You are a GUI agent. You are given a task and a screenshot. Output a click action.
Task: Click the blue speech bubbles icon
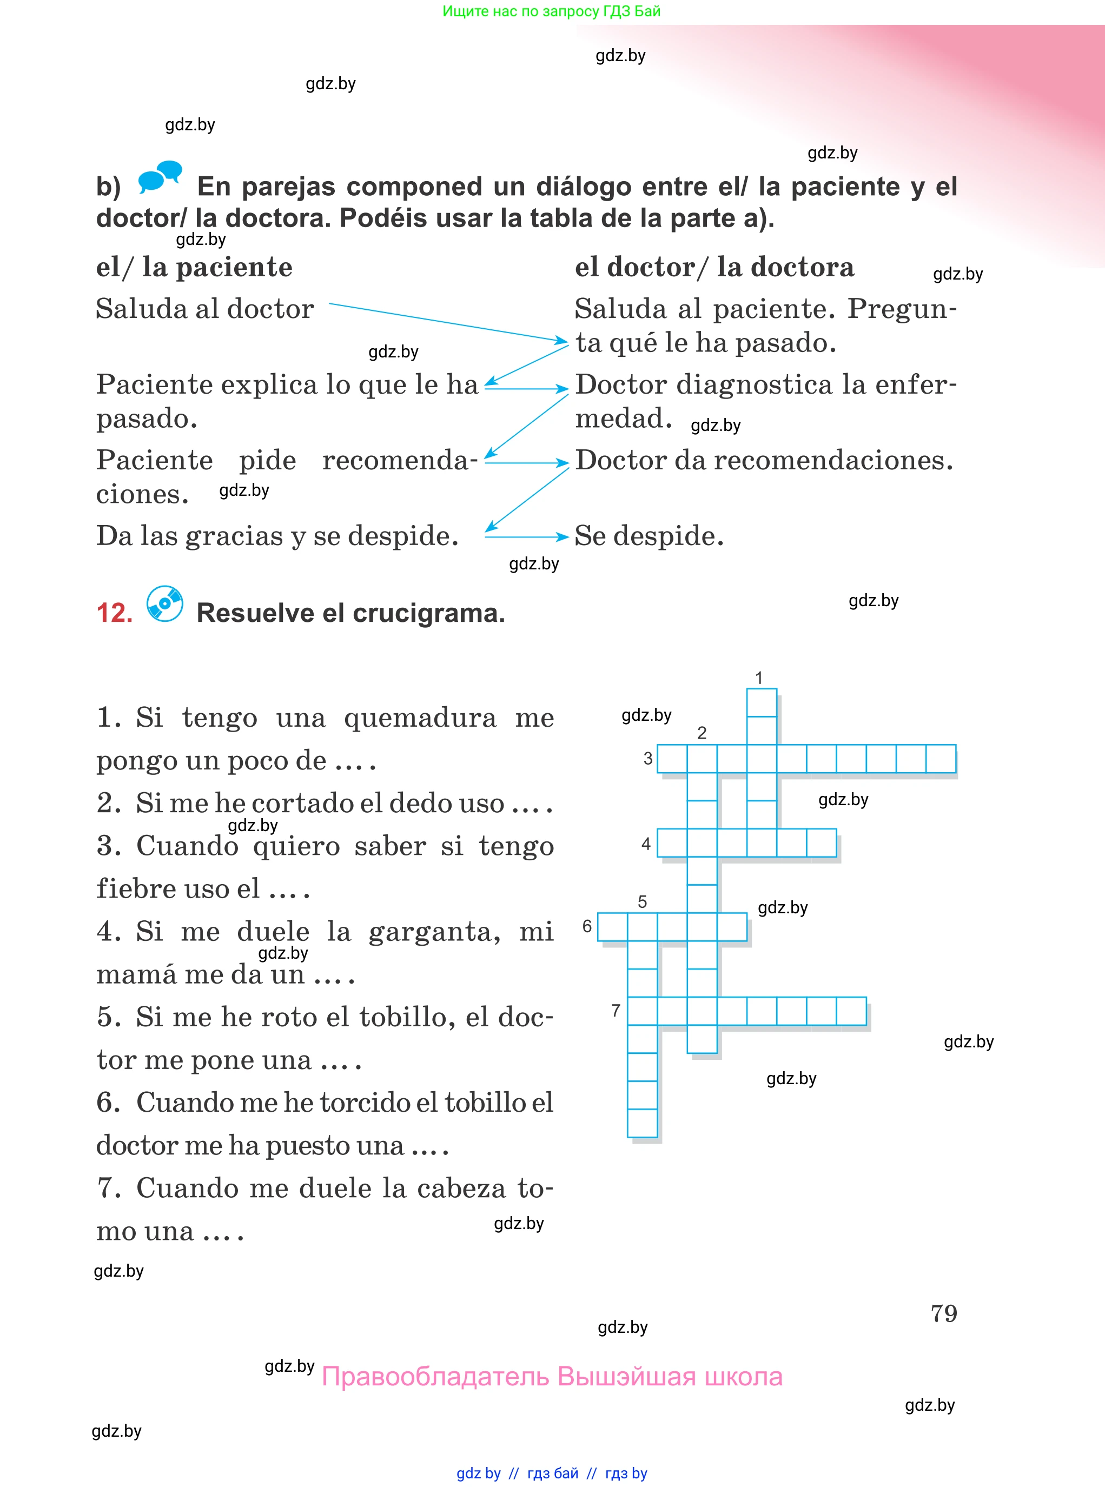click(x=160, y=177)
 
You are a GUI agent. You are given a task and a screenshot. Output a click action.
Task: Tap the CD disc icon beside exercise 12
click(x=164, y=604)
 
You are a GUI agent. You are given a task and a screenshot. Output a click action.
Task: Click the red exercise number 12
click(x=114, y=613)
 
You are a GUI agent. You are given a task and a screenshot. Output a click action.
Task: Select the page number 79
click(x=943, y=1314)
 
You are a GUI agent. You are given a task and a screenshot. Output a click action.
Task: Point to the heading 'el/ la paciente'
click(x=194, y=268)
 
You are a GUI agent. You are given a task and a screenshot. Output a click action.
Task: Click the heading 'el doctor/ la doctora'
click(x=714, y=268)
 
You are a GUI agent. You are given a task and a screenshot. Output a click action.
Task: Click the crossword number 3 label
click(x=647, y=759)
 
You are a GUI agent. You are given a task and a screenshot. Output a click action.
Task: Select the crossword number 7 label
click(x=616, y=1010)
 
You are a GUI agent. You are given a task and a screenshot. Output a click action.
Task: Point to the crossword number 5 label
click(x=642, y=902)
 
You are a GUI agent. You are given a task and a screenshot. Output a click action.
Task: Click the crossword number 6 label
click(x=587, y=926)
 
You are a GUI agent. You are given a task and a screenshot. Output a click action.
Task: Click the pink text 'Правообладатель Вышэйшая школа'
click(x=552, y=1377)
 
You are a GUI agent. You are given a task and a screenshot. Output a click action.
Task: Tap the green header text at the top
click(x=552, y=11)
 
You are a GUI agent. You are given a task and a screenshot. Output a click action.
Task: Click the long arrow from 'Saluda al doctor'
click(x=448, y=322)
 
